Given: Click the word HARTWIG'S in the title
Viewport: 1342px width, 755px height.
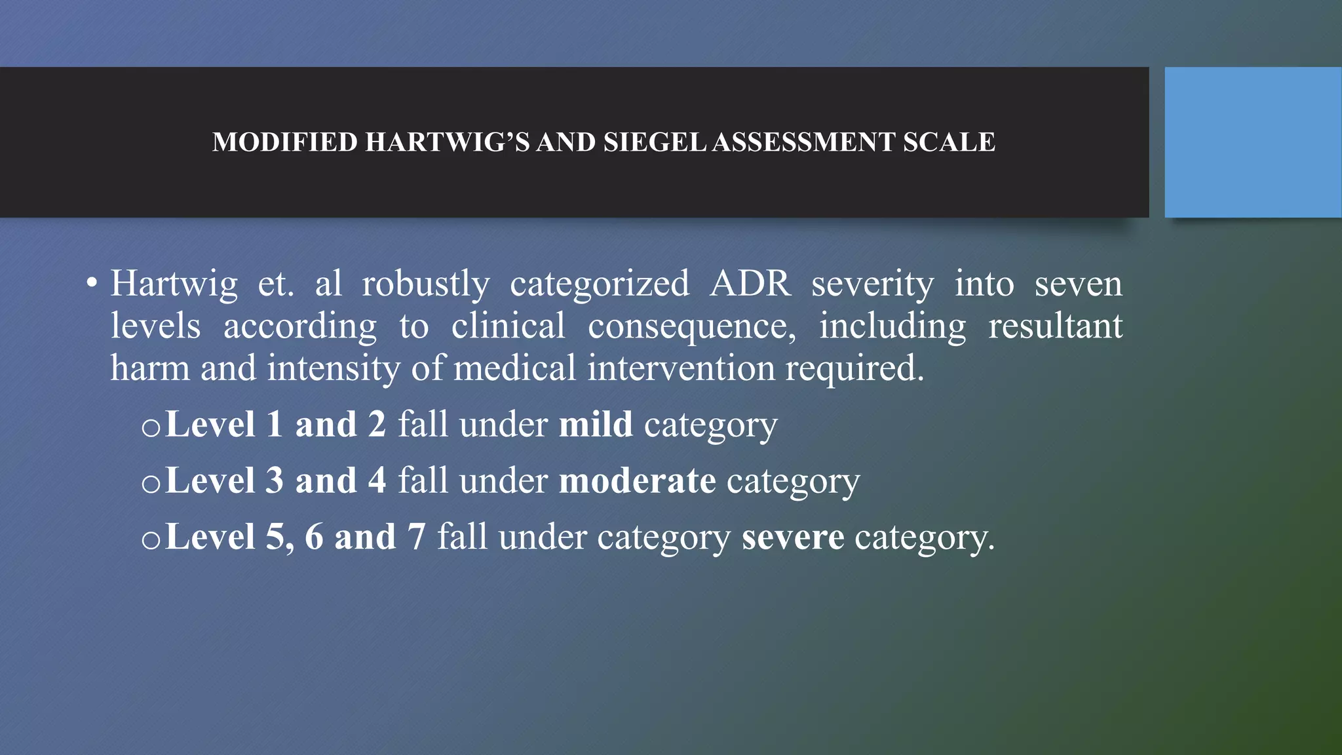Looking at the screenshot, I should click(x=447, y=142).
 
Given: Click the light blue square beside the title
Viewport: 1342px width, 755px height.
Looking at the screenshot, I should click(x=1252, y=142).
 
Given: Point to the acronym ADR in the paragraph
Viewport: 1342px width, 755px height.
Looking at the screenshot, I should click(x=750, y=284).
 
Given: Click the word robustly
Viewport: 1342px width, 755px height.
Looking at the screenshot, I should click(x=426, y=284).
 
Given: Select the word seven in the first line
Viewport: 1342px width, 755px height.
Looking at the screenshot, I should click(x=1079, y=284).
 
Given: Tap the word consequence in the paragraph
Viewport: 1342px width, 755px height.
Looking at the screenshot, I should click(x=691, y=326).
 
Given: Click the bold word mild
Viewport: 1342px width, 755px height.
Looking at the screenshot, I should click(x=596, y=424).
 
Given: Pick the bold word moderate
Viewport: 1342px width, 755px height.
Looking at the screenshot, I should click(x=637, y=480).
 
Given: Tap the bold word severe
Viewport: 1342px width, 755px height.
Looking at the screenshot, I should click(x=793, y=537).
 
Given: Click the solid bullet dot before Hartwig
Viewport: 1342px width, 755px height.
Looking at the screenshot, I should click(x=92, y=284).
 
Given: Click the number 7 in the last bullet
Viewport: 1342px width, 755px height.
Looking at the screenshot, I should click(x=417, y=537).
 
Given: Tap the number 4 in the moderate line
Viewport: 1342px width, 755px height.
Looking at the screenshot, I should click(x=377, y=480).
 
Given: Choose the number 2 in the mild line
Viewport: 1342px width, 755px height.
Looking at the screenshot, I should click(x=377, y=424).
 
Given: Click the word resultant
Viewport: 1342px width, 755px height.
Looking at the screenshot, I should click(x=1055, y=326).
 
